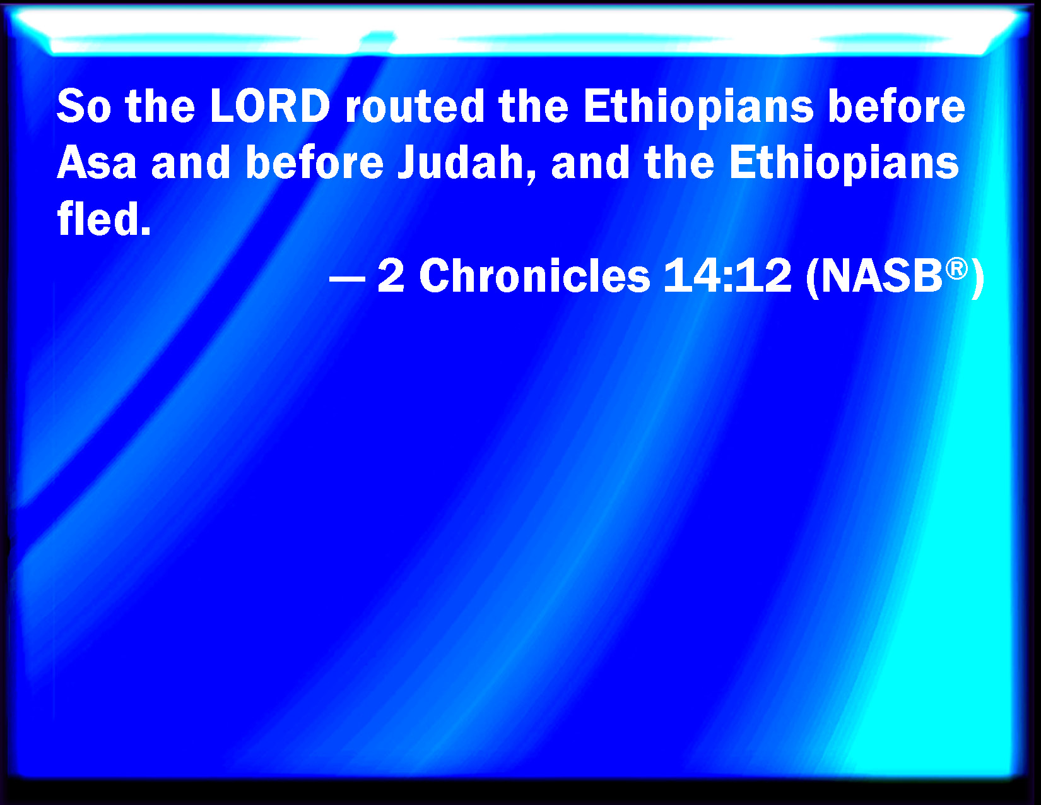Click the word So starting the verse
point(85,106)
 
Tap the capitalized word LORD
point(270,106)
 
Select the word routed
point(415,106)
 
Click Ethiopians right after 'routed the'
point(698,109)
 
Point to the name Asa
point(97,162)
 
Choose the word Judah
point(461,162)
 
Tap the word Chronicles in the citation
point(534,275)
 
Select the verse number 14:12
point(727,275)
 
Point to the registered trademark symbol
point(956,268)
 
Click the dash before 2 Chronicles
point(348,278)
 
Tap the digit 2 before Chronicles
point(391,275)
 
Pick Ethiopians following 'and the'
point(844,164)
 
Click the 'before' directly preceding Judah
point(315,162)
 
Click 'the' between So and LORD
point(160,106)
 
